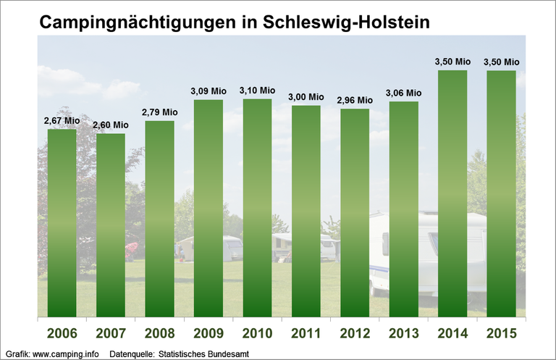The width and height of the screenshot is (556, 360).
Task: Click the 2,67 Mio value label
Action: pyautogui.click(x=62, y=120)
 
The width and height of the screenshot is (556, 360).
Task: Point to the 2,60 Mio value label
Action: pyautogui.click(x=111, y=125)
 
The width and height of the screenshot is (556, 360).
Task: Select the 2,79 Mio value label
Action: pyautogui.click(x=159, y=112)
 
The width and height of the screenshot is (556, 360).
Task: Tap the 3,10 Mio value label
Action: pyautogui.click(x=257, y=90)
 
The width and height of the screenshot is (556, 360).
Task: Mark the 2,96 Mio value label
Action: pyautogui.click(x=355, y=101)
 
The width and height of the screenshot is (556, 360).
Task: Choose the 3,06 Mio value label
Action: pyautogui.click(x=404, y=93)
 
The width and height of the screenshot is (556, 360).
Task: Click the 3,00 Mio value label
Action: pyautogui.click(x=306, y=97)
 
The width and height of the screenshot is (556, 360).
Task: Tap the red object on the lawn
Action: pyautogui.click(x=130, y=251)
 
